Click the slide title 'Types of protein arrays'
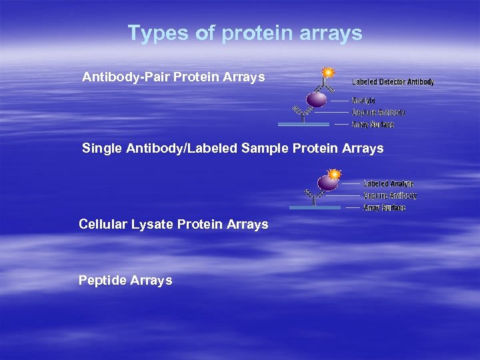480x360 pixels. pos(245,33)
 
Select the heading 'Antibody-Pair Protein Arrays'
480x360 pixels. pos(173,77)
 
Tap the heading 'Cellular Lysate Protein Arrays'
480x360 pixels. pos(173,225)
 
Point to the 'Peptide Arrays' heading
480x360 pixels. pos(125,281)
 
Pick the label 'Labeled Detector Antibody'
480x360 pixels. pos(393,82)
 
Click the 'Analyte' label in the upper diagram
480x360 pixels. pos(363,101)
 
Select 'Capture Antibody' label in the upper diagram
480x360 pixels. pos(378,113)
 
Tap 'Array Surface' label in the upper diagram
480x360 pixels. pos(373,125)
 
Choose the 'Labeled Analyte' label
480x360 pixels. pos(388,183)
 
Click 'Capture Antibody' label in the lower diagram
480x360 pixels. pos(390,195)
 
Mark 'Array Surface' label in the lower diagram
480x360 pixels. pos(384,207)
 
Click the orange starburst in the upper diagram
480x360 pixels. pos(328,72)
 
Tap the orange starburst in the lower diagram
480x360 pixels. pos(334,175)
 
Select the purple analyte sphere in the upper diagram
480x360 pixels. pos(317,99)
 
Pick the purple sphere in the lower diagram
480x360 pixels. pos(327,183)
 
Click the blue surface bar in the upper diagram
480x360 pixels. pos(303,124)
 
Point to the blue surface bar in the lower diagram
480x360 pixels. pos(315,207)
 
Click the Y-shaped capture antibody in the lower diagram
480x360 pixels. pos(313,197)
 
